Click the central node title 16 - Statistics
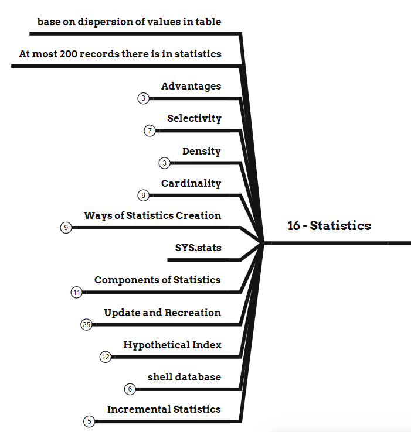click(329, 226)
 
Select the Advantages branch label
click(191, 86)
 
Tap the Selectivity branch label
click(194, 118)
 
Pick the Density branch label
click(201, 151)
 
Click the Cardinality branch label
click(191, 183)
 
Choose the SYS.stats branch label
click(198, 248)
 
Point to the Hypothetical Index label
click(172, 345)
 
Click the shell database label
click(184, 376)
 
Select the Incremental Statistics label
click(164, 409)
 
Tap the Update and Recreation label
click(162, 313)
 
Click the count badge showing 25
click(87, 325)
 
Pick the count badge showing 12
click(106, 356)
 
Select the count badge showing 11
click(76, 292)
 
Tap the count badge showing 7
click(150, 131)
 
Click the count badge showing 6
click(130, 389)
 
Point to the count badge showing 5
click(89, 421)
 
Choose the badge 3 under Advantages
click(144, 98)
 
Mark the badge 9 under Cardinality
click(144, 195)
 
